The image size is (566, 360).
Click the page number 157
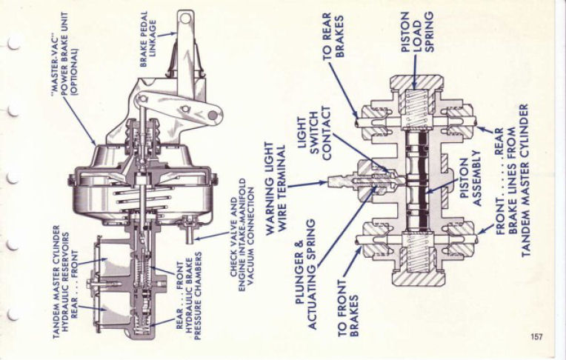(536, 337)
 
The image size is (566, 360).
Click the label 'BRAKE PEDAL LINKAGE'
(148, 39)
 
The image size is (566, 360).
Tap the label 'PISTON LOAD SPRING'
(417, 32)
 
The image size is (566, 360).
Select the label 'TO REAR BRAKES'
(333, 36)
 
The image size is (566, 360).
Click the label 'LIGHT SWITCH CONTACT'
(313, 133)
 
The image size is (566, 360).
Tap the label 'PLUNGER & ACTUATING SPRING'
(306, 273)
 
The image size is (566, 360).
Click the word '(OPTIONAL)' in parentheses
(74, 72)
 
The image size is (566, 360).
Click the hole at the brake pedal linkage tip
(185, 18)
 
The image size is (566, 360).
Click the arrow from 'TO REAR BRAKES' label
(343, 91)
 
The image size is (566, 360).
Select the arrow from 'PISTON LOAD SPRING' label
(415, 70)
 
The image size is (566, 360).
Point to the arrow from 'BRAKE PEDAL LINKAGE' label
(167, 35)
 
